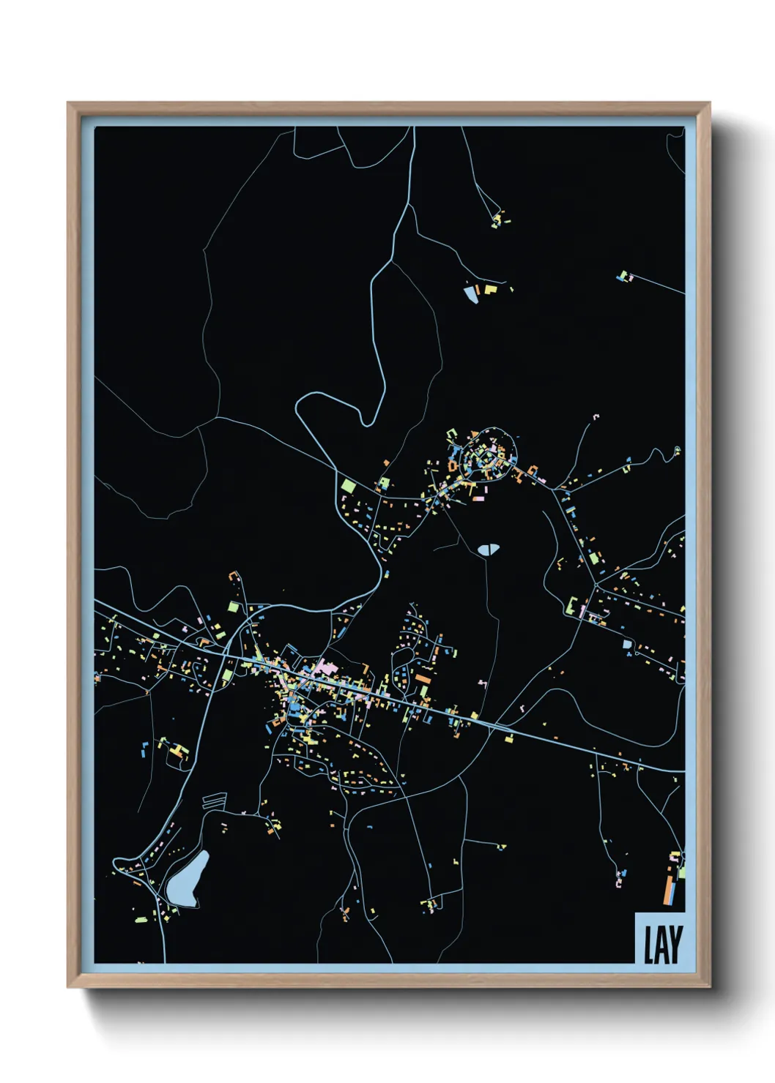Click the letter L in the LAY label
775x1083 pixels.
(x=648, y=945)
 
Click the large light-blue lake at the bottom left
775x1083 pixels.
(x=186, y=879)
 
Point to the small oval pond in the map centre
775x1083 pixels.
(x=486, y=549)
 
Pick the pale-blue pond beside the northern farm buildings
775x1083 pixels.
(x=470, y=294)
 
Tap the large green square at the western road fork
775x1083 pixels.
(x=347, y=484)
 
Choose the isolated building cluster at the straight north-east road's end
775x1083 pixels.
(x=624, y=276)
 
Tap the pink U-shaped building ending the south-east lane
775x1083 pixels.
(x=620, y=879)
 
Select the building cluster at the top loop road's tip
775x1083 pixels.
(x=500, y=218)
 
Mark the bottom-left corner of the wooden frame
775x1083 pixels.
(x=70, y=986)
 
